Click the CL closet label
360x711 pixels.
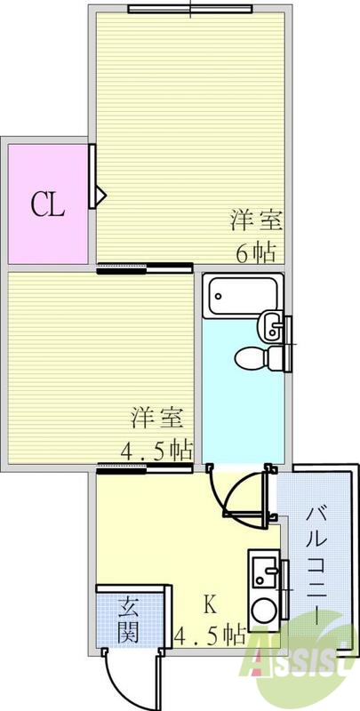click(x=48, y=205)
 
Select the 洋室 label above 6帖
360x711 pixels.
click(x=252, y=219)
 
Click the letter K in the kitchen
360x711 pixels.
click(x=210, y=604)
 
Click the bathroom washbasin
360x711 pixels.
click(x=271, y=327)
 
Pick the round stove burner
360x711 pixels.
click(x=263, y=612)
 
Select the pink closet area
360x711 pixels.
click(x=48, y=203)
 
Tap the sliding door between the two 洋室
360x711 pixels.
click(x=145, y=268)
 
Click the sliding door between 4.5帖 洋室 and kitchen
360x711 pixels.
click(x=145, y=467)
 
